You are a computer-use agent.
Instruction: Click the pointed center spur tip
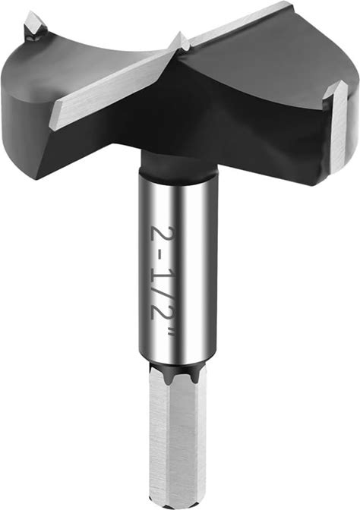coord(180,36)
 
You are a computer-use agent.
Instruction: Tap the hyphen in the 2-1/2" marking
coord(160,254)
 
